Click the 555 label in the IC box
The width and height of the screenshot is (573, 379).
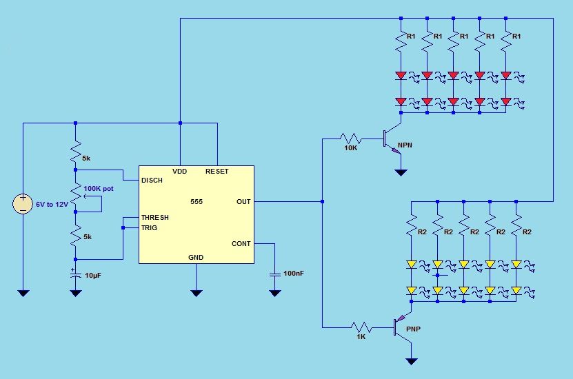pos(197,201)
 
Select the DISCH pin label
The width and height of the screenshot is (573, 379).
pos(152,181)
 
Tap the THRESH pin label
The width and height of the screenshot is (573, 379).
pos(155,218)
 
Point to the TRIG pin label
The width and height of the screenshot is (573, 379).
pos(149,228)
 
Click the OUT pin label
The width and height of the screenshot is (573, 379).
pos(243,201)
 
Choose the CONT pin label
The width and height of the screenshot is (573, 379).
pos(241,243)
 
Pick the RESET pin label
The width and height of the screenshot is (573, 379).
pos(217,172)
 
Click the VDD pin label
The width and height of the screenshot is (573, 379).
pos(179,172)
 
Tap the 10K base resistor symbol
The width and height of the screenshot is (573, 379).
pos(351,139)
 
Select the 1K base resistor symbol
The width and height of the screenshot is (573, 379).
pos(361,327)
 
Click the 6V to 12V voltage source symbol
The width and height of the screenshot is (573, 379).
pos(23,204)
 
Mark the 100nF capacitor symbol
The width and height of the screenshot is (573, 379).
pos(275,274)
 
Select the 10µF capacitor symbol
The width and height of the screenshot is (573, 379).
pos(75,274)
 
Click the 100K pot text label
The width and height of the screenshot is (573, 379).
pos(99,189)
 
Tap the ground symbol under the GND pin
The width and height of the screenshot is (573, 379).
pos(197,293)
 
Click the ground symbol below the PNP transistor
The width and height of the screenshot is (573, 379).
pos(412,362)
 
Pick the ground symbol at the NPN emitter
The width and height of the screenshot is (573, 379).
pos(401,172)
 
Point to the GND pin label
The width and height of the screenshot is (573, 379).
pos(196,258)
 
